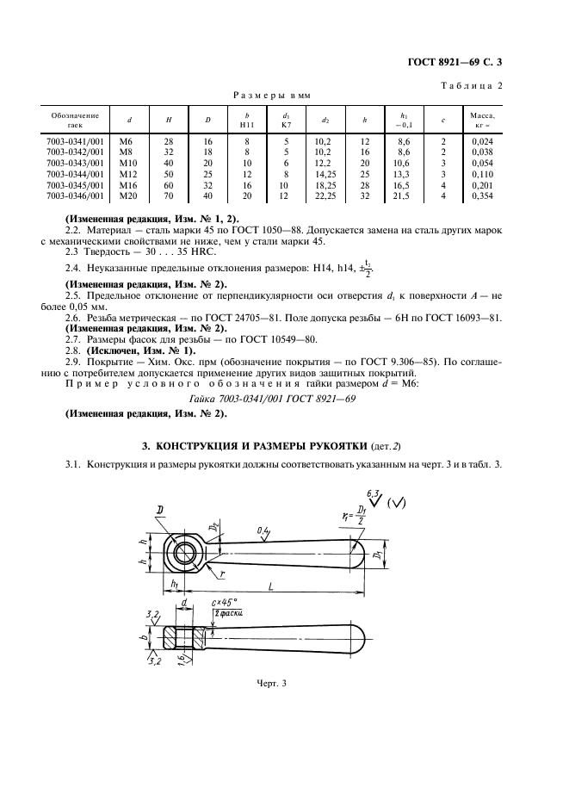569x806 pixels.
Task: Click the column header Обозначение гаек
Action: tap(74, 120)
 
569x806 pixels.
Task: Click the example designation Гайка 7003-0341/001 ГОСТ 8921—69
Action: tap(284, 400)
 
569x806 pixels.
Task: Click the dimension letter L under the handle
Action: tap(271, 585)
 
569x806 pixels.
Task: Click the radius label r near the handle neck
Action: tap(223, 572)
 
